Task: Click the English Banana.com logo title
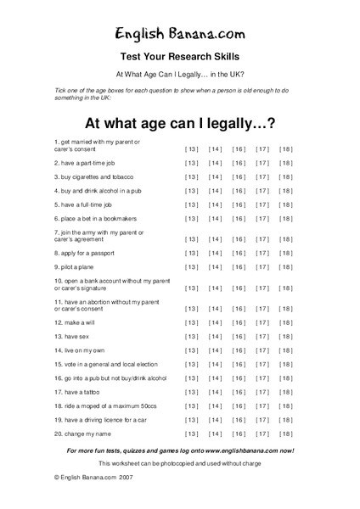click(x=180, y=33)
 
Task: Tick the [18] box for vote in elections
click(x=285, y=364)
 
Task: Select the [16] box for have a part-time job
click(x=239, y=163)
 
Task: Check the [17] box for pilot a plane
click(x=262, y=266)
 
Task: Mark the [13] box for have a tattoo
click(x=192, y=392)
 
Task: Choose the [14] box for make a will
click(x=215, y=322)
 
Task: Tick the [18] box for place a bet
click(x=285, y=218)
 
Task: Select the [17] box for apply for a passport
click(x=262, y=253)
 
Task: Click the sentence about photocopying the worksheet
click(x=180, y=463)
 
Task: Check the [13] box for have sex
click(x=192, y=337)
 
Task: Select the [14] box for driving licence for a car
click(x=215, y=419)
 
